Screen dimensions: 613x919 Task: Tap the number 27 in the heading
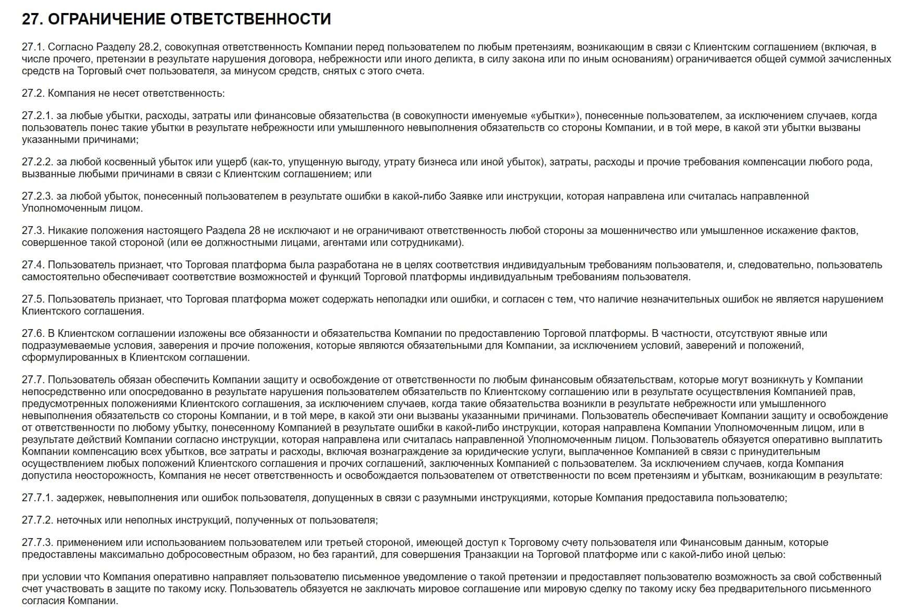pos(31,19)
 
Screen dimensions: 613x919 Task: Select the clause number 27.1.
pos(33,47)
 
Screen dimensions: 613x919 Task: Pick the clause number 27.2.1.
pos(37,116)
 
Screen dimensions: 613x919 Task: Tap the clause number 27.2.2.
pos(37,162)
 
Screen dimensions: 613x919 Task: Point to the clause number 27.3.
pos(33,231)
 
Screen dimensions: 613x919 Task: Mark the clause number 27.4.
pos(33,265)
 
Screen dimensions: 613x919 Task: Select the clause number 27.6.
pos(33,334)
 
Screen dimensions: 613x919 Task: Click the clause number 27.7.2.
pos(37,520)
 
